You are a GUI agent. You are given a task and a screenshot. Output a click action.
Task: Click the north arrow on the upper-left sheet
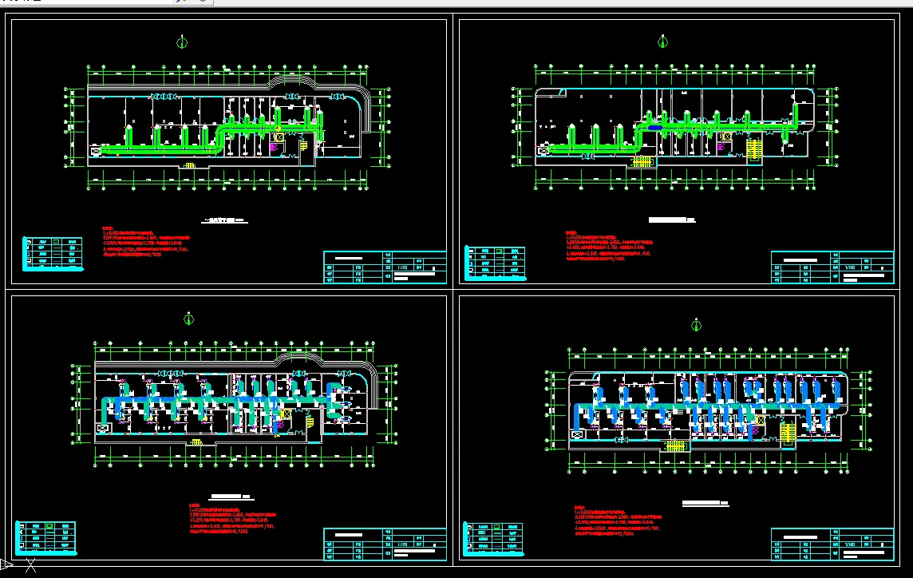click(184, 42)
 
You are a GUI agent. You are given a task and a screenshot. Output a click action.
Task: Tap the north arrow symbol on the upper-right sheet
click(662, 42)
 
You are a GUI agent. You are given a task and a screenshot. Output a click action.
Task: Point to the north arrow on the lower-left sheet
click(188, 319)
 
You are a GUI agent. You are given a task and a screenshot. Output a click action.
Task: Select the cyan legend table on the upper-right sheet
click(495, 262)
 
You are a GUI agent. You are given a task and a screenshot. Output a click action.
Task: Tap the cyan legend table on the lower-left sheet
click(47, 537)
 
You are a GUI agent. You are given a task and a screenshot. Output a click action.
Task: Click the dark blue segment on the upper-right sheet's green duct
click(654, 127)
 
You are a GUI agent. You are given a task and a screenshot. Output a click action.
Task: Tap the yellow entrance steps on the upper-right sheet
click(642, 162)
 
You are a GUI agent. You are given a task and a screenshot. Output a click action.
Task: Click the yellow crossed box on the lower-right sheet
click(760, 420)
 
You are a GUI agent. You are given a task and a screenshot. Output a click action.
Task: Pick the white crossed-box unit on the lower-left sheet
click(102, 428)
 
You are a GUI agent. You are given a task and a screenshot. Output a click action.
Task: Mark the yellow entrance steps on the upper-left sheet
click(189, 165)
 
